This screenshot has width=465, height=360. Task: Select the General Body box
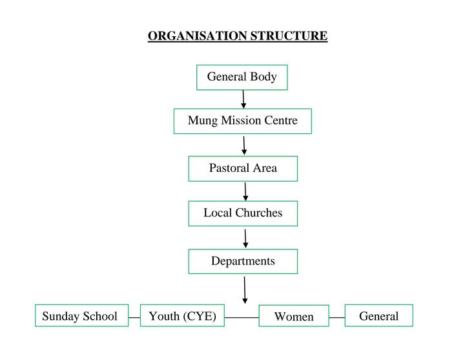pos(242,78)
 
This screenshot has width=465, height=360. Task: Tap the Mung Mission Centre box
pos(242,121)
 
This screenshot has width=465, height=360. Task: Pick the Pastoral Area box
pos(243,169)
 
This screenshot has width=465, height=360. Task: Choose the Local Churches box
pos(243,213)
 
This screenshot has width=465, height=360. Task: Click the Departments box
pos(243,262)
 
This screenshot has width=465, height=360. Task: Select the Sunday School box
pos(80,316)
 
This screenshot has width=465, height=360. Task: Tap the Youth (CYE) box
pos(182,316)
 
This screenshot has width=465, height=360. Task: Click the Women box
pos(294,317)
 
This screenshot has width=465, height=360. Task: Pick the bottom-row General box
pos(378,316)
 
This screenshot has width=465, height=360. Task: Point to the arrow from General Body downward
pos(243,99)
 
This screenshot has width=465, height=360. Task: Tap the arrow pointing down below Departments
pos(245,290)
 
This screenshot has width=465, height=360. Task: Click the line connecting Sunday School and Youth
pos(134,318)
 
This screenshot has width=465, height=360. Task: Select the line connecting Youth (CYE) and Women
pos(242,318)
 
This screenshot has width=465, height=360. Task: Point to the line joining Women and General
pos(337,318)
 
